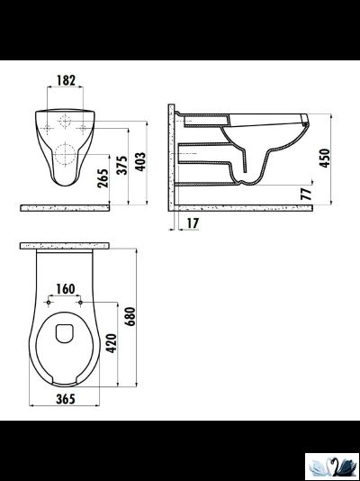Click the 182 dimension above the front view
pyautogui.click(x=64, y=80)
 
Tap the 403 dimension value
pyautogui.click(x=141, y=161)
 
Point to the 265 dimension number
pyautogui.click(x=105, y=178)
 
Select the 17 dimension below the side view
pyautogui.click(x=193, y=222)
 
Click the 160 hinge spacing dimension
pyautogui.click(x=66, y=289)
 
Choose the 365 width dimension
pyautogui.click(x=64, y=399)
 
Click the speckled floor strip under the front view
pyautogui.click(x=65, y=206)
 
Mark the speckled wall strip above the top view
pyautogui.click(x=65, y=245)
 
